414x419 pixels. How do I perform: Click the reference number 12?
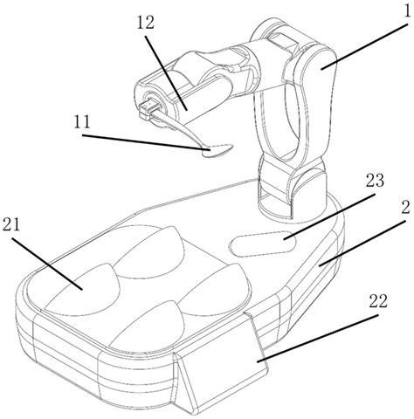click(145, 23)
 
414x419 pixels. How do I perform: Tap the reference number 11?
click(82, 122)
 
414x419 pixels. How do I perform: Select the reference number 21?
click(11, 224)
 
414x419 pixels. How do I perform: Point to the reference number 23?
click(375, 181)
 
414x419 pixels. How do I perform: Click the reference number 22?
click(378, 301)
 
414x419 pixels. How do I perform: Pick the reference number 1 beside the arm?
click(407, 11)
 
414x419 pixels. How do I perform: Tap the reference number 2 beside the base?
click(405, 207)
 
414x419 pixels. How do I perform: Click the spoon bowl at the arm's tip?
click(217, 151)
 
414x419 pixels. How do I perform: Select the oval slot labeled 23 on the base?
click(263, 244)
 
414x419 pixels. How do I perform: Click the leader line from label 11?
click(146, 142)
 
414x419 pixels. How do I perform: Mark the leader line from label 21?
click(47, 264)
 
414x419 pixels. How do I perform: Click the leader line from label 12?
click(166, 73)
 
